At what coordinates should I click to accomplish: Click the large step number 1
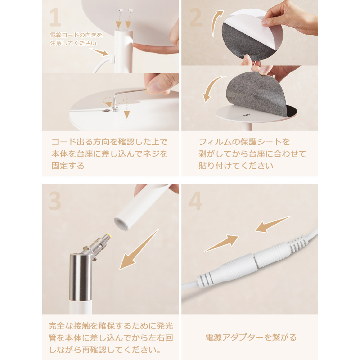point(55,17)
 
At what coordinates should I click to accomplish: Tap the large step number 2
point(195,17)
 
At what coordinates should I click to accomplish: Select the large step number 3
point(55,201)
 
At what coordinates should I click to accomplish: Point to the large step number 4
point(195,201)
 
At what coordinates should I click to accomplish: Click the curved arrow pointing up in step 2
point(216,23)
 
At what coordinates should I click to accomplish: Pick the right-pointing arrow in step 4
point(221,243)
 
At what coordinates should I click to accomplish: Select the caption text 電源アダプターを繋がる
point(251,337)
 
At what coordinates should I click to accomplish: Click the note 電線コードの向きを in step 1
point(76,35)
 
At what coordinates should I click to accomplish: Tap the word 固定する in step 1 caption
point(68,166)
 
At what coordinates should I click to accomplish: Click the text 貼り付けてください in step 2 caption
point(236,166)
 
